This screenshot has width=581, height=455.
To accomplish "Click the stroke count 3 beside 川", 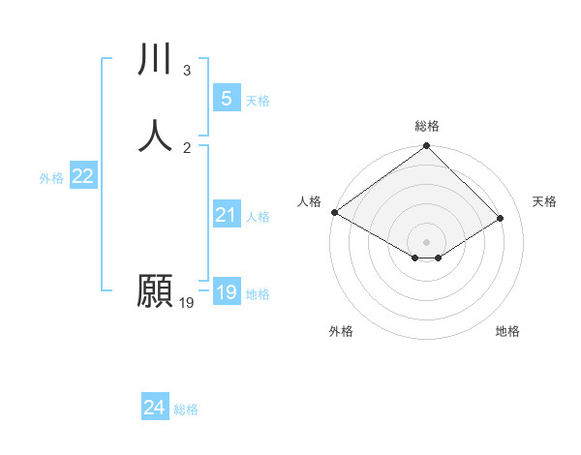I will (187, 71).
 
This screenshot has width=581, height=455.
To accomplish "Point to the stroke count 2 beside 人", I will (187, 147).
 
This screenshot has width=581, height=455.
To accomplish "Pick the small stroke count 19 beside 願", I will (187, 303).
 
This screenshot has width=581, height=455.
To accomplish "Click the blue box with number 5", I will (226, 99).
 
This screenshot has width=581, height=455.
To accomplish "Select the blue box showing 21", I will (226, 215).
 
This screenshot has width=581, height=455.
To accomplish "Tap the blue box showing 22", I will (82, 176).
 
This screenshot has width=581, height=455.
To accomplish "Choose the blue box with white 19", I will (226, 292).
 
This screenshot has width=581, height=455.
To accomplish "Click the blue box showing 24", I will (154, 409).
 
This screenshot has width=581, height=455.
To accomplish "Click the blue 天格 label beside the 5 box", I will (258, 101).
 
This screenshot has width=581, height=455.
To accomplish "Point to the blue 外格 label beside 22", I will (51, 178).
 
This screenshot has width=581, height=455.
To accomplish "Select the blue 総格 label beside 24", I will (186, 410).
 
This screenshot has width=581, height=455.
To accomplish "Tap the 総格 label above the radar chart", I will (427, 126).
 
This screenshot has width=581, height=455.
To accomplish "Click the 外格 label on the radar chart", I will (341, 331).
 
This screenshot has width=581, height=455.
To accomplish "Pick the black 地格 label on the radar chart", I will (507, 331).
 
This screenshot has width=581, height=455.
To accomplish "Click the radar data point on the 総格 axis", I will (427, 148).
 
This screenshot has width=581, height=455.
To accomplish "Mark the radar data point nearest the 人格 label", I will (334, 212).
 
